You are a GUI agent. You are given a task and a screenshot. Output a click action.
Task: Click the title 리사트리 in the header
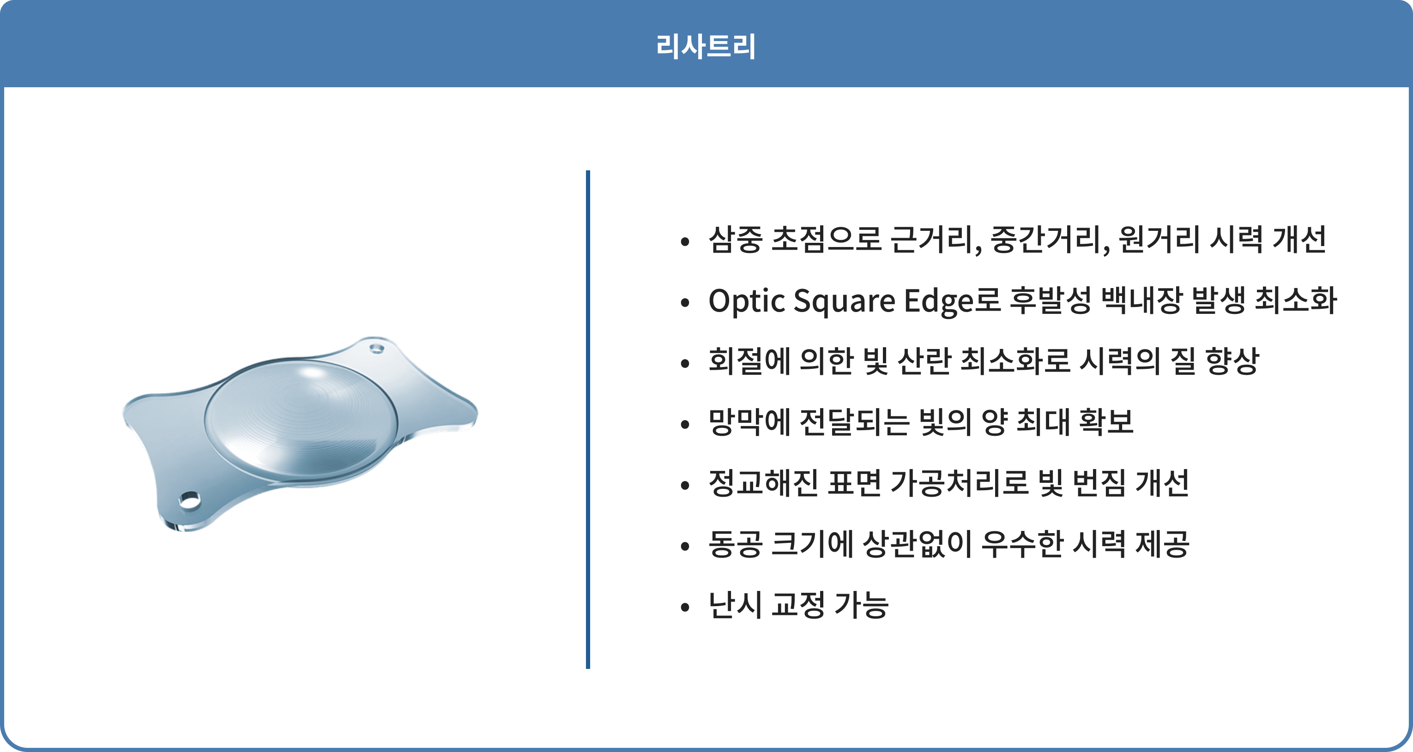pyautogui.click(x=706, y=46)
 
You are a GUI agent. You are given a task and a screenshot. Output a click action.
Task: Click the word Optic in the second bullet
pyautogui.click(x=747, y=301)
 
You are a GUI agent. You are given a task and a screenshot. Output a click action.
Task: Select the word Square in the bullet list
pyautogui.click(x=845, y=301)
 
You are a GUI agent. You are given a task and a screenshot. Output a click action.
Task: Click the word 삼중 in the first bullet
pyautogui.click(x=736, y=239)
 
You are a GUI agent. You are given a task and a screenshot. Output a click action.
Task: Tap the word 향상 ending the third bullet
pyautogui.click(x=1232, y=361)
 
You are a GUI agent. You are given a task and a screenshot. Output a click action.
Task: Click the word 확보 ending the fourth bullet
pyautogui.click(x=1106, y=422)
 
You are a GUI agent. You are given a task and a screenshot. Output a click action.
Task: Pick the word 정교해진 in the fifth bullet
pyautogui.click(x=763, y=483)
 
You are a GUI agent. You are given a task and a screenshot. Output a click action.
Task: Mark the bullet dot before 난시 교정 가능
pyautogui.click(x=684, y=607)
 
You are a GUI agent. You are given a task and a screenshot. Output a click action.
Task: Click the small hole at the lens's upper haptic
pyautogui.click(x=376, y=348)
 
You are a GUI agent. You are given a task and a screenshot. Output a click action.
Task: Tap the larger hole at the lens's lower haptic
pyautogui.click(x=189, y=500)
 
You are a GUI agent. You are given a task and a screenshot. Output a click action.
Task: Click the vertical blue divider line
pyautogui.click(x=588, y=420)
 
